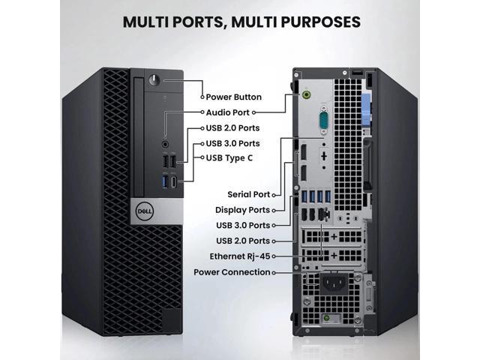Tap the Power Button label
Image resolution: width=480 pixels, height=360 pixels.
click(235, 97)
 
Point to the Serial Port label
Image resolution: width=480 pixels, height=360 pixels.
click(248, 194)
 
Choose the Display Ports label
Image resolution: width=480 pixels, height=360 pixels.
click(242, 210)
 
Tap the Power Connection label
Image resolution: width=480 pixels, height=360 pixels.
click(232, 272)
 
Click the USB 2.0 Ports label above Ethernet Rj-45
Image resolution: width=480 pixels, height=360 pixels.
click(242, 241)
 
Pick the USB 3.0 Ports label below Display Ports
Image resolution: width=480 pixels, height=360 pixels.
click(242, 225)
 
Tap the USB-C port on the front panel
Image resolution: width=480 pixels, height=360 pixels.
click(174, 181)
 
